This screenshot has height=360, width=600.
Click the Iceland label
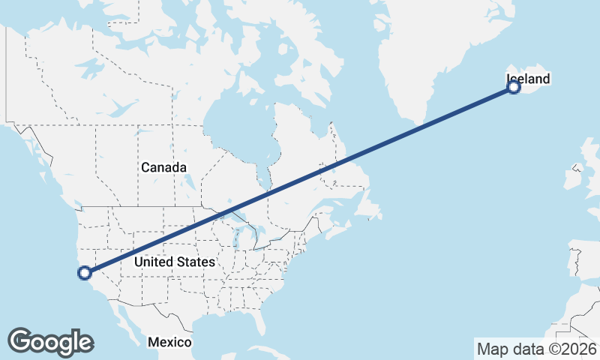tap(529, 79)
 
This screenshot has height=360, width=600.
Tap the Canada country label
tap(163, 167)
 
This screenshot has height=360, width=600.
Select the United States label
tap(174, 262)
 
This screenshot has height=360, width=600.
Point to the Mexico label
tap(169, 342)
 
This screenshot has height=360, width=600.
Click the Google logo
tap(50, 342)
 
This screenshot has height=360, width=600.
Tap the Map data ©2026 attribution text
tap(537, 349)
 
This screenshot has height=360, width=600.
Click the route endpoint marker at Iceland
tap(514, 87)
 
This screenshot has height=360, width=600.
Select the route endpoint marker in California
tap(85, 272)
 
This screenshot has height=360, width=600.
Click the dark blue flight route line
tap(300, 180)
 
